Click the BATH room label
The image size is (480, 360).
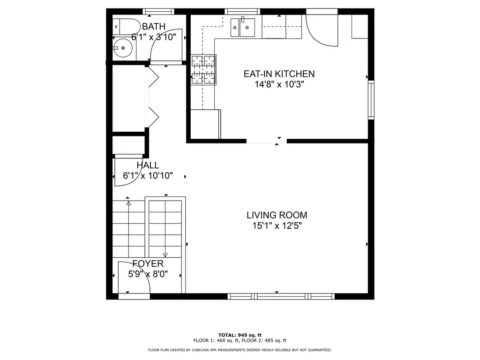pos(153,26)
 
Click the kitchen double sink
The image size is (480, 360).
pos(242,27)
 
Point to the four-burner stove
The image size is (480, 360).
pos(203,69)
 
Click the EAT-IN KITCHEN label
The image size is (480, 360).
pos(279,74)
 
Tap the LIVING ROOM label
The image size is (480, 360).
pos(277,215)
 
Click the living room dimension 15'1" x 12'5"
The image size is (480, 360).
pos(277,226)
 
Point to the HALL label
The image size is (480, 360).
pos(148,165)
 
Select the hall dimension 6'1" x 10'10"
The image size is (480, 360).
pos(148,176)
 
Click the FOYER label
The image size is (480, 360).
pos(148,263)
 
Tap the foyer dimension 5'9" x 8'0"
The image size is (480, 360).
pos(148,274)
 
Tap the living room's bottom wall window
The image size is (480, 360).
pos(280,296)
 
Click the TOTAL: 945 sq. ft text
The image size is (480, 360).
pos(240,335)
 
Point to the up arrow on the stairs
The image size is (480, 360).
pos(128,203)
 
